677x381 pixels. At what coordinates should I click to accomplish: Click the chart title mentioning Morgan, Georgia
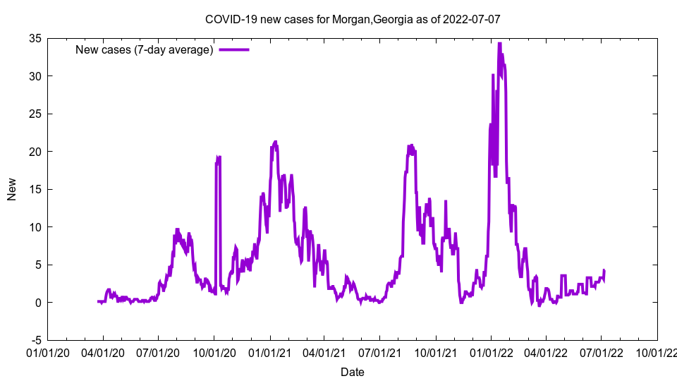click(352, 20)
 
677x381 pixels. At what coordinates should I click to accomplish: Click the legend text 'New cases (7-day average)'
click(145, 50)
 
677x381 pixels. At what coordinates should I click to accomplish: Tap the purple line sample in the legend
click(234, 50)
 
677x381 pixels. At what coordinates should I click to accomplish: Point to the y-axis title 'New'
click(12, 189)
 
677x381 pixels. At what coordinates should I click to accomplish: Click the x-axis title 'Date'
click(353, 372)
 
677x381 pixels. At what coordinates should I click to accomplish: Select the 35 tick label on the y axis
click(34, 38)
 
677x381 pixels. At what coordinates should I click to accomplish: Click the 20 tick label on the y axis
click(34, 152)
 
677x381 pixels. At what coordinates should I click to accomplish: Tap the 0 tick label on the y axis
click(37, 303)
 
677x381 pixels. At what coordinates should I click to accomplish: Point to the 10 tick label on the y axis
click(34, 227)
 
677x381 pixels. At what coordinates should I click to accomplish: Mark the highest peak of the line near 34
click(499, 44)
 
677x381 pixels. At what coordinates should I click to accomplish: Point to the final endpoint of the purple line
click(604, 270)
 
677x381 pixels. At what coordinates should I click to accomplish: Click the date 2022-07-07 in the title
click(472, 20)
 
